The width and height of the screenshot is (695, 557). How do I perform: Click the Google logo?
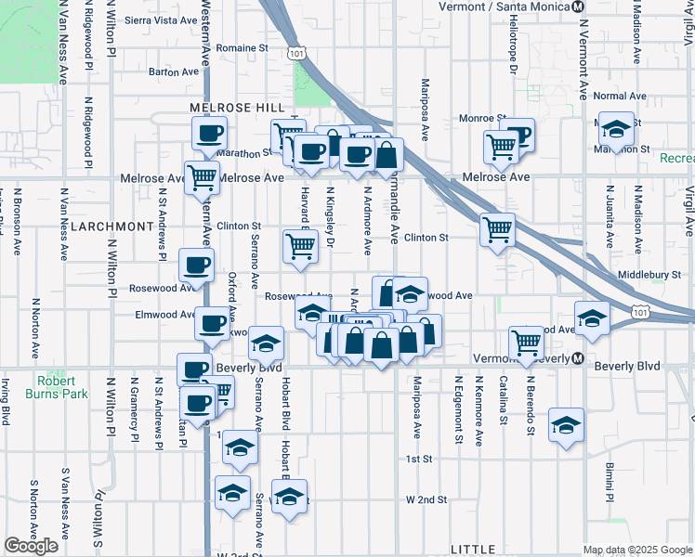pyautogui.click(x=31, y=546)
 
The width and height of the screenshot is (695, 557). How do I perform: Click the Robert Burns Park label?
pyautogui.click(x=62, y=387)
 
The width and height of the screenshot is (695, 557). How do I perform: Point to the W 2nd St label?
pyautogui.click(x=426, y=499)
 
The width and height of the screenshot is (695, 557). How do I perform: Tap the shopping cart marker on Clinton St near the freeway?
pyautogui.click(x=498, y=228)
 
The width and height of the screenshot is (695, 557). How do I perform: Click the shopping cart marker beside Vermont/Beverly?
pyautogui.click(x=527, y=343)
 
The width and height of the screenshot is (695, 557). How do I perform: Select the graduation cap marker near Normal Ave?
pyautogui.click(x=615, y=128)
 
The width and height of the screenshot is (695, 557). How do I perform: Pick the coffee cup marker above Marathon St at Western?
pyautogui.click(x=209, y=132)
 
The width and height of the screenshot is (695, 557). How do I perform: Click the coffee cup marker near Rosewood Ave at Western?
pyautogui.click(x=195, y=266)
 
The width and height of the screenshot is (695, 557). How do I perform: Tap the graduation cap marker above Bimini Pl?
pyautogui.click(x=566, y=425)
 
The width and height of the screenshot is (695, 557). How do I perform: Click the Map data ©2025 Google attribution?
pyautogui.click(x=636, y=549)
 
